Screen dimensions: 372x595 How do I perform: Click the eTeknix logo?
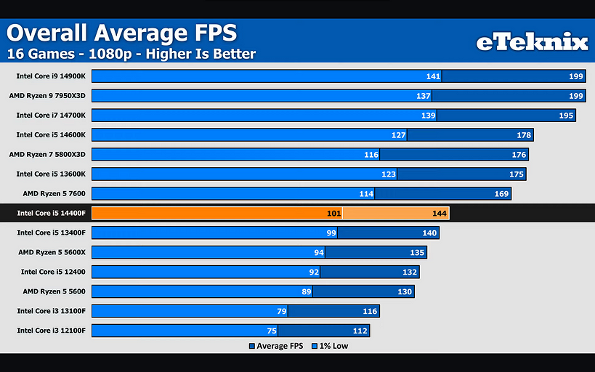pos(532,42)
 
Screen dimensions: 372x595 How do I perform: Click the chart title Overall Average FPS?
pos(121,33)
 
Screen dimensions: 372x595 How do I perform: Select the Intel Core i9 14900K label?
pos(51,76)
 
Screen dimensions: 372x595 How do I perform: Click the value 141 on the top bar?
pos(433,76)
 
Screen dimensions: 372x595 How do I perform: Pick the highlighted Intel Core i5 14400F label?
pos(51,214)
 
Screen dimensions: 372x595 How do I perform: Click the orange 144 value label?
pos(439,214)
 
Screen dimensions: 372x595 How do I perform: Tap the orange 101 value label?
pos(333,214)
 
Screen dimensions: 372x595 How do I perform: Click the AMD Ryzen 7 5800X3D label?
pos(47,154)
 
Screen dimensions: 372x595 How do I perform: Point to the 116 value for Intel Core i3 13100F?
pos(370,311)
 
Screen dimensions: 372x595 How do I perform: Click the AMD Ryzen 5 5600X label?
pos(52,252)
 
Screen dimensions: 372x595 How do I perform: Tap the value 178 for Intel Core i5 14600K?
pos(524,134)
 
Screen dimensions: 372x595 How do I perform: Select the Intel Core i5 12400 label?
pos(53,272)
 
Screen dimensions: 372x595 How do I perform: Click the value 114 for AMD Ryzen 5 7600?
pos(365,193)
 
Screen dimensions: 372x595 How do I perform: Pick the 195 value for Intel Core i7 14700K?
pos(566,115)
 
